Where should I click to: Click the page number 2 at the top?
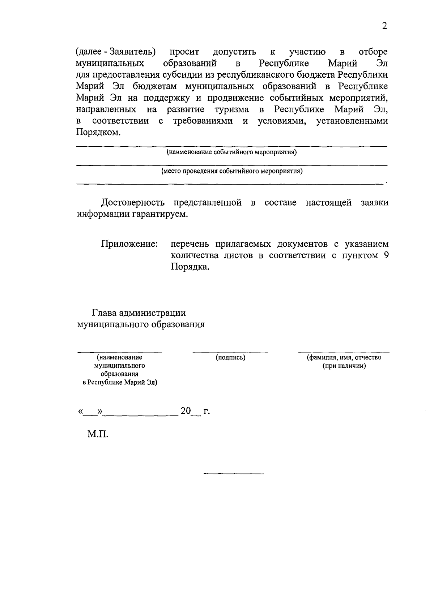click(384, 26)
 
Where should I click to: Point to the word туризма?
click(231, 109)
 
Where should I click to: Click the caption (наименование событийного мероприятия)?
click(231, 152)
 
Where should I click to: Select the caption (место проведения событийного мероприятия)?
click(232, 171)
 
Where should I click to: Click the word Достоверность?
click(133, 203)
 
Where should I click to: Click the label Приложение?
click(129, 244)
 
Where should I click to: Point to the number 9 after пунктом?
click(386, 255)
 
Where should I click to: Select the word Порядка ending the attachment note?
click(190, 267)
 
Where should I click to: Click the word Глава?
click(104, 313)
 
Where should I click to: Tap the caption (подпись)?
click(230, 358)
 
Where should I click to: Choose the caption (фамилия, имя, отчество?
click(344, 358)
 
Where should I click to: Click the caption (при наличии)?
click(344, 366)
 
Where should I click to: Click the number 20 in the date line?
click(186, 411)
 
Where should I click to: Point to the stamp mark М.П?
click(98, 434)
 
